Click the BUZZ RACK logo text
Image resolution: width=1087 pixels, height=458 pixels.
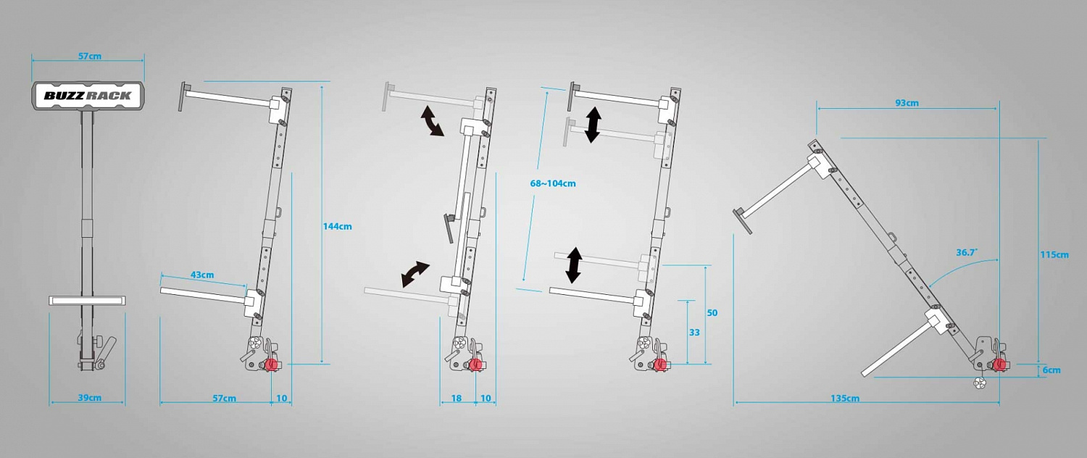pyautogui.click(x=88, y=96)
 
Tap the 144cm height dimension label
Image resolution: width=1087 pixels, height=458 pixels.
pyautogui.click(x=338, y=226)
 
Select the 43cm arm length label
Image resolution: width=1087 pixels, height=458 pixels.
pyautogui.click(x=202, y=275)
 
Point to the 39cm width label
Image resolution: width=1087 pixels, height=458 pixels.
pyautogui.click(x=90, y=398)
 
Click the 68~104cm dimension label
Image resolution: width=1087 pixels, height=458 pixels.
pyautogui.click(x=553, y=183)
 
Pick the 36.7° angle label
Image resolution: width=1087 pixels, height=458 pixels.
pyautogui.click(x=967, y=252)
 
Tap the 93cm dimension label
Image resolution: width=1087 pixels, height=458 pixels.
pyautogui.click(x=907, y=103)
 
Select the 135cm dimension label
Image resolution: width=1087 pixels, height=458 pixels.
pyautogui.click(x=845, y=399)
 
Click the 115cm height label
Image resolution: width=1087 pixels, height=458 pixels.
pyautogui.click(x=1054, y=254)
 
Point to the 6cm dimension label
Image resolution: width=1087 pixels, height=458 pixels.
pyautogui.click(x=1051, y=370)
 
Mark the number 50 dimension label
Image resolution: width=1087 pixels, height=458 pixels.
pyautogui.click(x=712, y=313)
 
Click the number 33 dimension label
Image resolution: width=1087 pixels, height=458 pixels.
pyautogui.click(x=694, y=333)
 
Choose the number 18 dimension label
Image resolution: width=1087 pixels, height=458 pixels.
pyautogui.click(x=456, y=399)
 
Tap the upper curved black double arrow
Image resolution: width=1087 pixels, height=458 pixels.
pyautogui.click(x=431, y=121)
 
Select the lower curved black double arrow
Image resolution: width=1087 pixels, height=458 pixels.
pyautogui.click(x=415, y=275)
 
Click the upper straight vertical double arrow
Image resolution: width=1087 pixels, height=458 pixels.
pyautogui.click(x=593, y=125)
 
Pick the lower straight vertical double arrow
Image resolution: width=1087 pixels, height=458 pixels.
pyautogui.click(x=574, y=265)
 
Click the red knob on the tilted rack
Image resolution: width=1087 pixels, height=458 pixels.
pyautogui.click(x=999, y=365)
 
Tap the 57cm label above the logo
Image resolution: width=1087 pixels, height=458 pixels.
pyautogui.click(x=90, y=56)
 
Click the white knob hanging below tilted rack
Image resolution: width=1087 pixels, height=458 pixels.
pyautogui.click(x=979, y=382)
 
